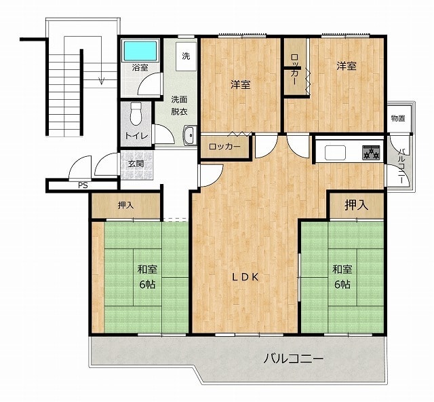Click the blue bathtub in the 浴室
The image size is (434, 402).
coord(140,50)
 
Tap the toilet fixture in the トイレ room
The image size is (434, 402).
coord(136,114)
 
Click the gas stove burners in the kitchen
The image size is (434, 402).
coord(371,153)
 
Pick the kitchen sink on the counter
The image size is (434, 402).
coord(335,153)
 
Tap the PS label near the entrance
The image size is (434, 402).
coord(83,185)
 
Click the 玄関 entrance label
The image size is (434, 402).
coord(136,164)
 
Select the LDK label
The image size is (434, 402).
coord(245,277)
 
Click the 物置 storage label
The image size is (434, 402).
coord(398,118)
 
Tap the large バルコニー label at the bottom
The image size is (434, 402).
coord(293,359)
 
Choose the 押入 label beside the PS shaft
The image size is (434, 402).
coord(126,206)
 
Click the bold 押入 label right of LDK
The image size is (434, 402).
coord(356,205)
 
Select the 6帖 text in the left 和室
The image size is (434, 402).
coord(147,285)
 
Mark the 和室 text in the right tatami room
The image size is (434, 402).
coord(342,269)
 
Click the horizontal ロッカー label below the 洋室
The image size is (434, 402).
coord(224,147)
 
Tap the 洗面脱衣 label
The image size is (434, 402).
coord(179,105)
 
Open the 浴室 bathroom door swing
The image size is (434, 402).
coord(149,84)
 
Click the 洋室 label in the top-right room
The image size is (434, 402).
coord(347,66)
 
